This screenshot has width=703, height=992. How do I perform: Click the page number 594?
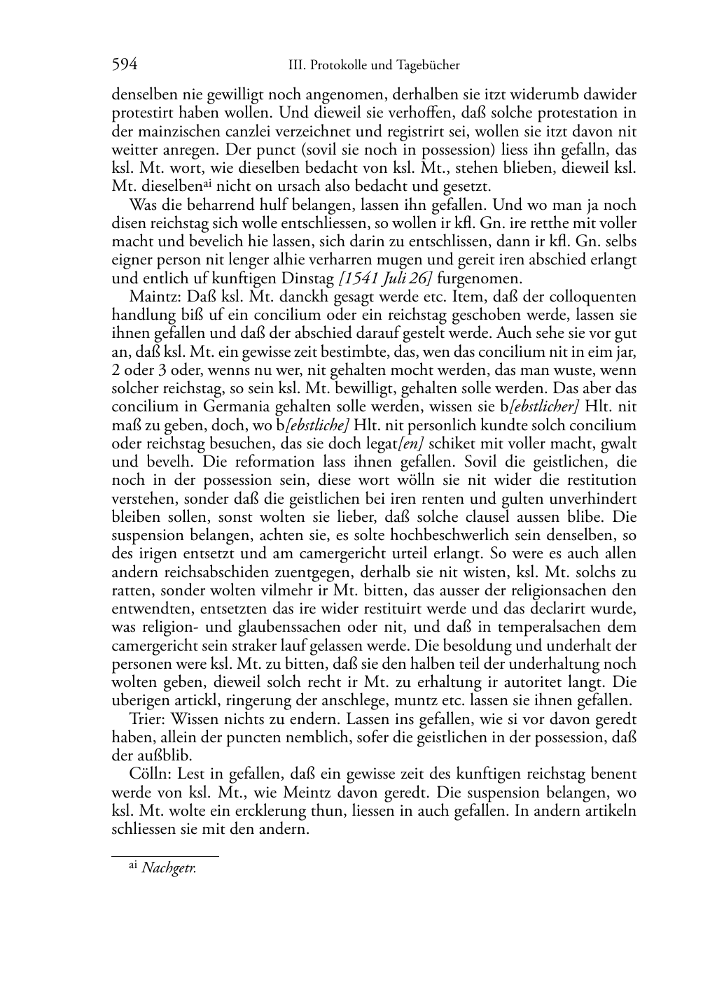tap(124, 65)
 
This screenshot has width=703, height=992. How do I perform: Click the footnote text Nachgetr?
tap(169, 869)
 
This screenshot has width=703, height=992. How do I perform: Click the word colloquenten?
tap(594, 297)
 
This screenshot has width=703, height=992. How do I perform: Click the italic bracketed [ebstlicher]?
tap(540, 406)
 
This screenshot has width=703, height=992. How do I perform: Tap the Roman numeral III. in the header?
tap(295, 66)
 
